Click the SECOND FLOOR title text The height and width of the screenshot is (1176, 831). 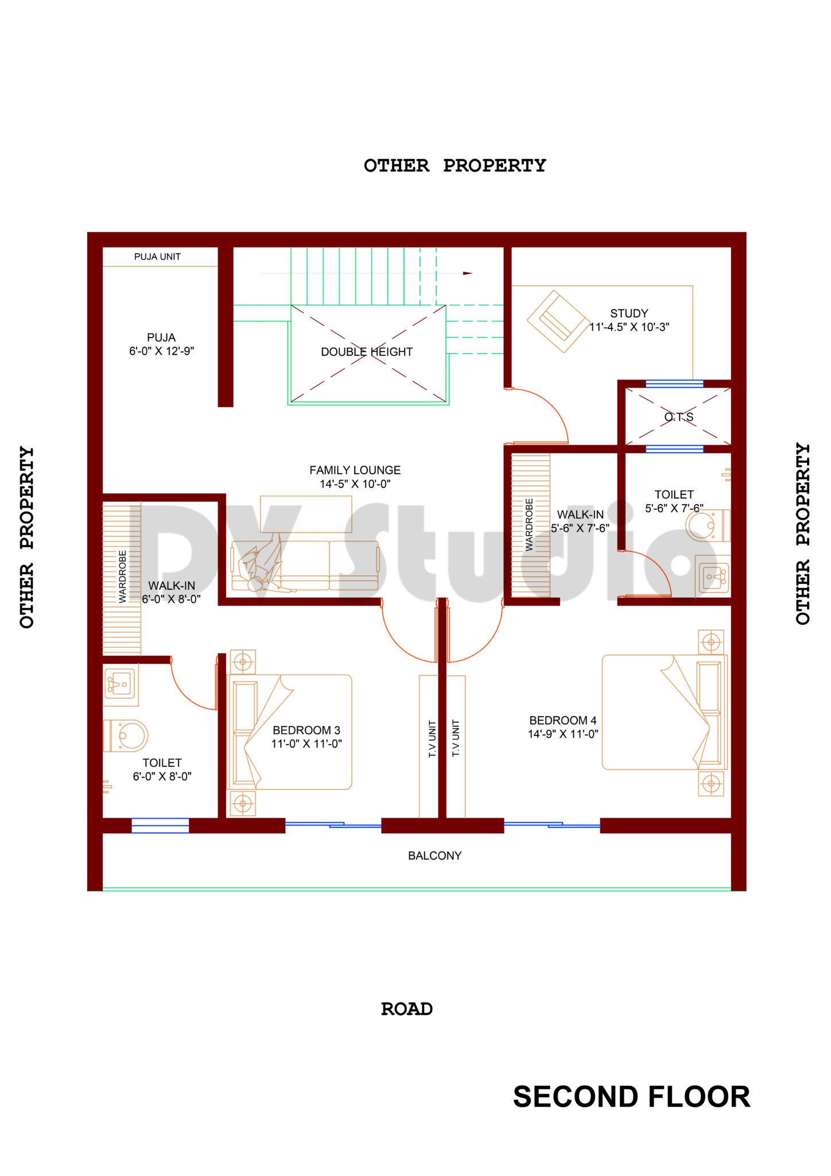click(x=631, y=1097)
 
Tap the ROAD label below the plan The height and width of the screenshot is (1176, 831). click(x=406, y=1009)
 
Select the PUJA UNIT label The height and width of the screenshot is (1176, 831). click(x=157, y=257)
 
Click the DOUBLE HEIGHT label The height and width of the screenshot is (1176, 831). click(x=366, y=352)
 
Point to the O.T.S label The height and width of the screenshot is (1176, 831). click(x=679, y=417)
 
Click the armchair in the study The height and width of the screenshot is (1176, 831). click(x=558, y=322)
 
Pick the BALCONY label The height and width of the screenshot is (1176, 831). click(x=434, y=856)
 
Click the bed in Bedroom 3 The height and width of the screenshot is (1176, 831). click(x=290, y=732)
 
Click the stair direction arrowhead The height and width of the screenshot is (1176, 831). click(x=468, y=273)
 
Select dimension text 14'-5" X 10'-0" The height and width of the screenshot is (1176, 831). click(x=355, y=484)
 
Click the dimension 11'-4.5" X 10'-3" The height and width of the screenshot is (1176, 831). click(x=629, y=327)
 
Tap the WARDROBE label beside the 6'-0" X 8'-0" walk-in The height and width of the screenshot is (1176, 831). click(x=122, y=577)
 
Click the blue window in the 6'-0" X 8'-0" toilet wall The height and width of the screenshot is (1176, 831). click(x=160, y=826)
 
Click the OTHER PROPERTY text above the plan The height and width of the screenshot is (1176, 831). click(x=455, y=165)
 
